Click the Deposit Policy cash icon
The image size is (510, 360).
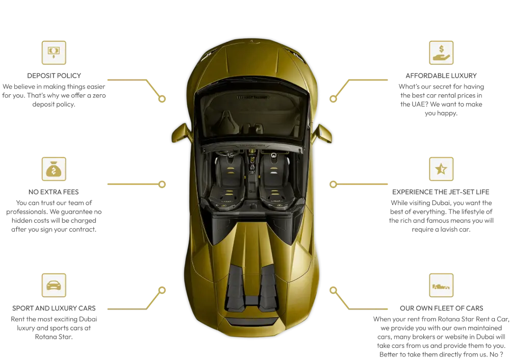coord(54,53)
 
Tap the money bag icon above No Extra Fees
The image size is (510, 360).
coord(54,169)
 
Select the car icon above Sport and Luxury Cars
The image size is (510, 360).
coord(54,285)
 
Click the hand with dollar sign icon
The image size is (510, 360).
coord(441,53)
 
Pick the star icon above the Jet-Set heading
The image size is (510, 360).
coord(441,169)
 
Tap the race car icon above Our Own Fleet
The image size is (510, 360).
coord(441,285)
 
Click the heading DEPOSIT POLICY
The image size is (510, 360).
coord(54,76)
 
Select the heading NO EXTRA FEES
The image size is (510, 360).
coord(54,192)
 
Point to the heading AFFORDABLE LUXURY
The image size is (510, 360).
coord(441,76)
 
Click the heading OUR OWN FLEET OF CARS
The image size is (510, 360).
coord(441,308)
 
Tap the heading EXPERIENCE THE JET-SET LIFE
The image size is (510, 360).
coord(441,192)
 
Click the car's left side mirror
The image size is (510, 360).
coord(181,133)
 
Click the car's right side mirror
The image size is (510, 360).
coord(322,133)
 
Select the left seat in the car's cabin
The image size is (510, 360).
coord(228,182)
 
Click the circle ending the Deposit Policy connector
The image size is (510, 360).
coord(162,98)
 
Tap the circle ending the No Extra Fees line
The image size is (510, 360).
coord(162,185)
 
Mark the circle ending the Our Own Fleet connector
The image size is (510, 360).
coord(333,290)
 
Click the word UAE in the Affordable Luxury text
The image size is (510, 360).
coord(414,105)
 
